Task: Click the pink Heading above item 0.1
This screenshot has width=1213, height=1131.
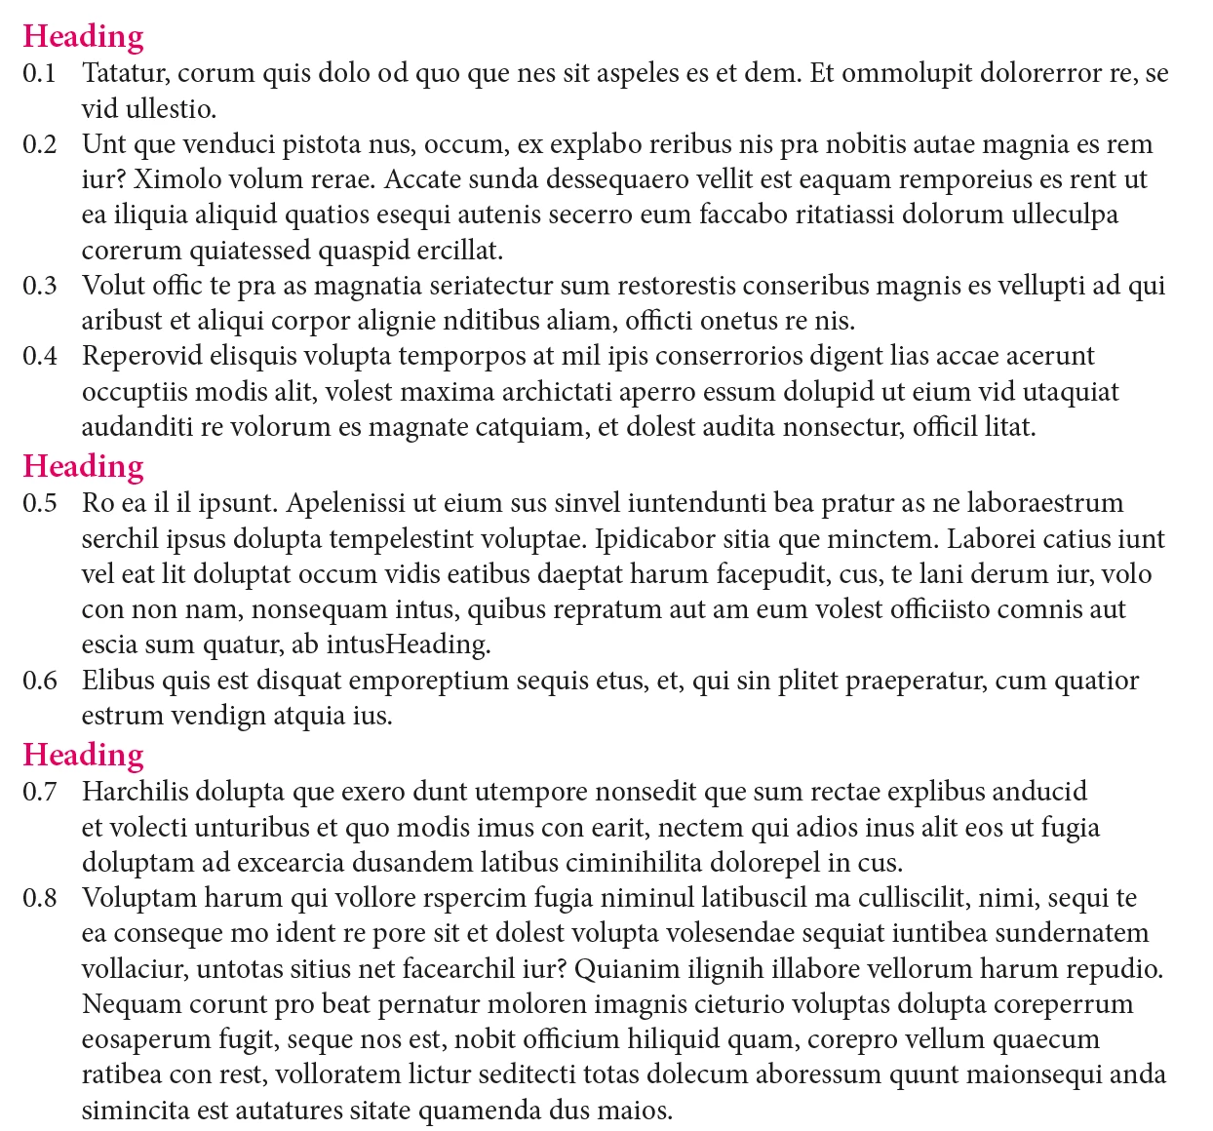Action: pos(83,36)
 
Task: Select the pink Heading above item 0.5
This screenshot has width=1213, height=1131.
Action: pos(83,466)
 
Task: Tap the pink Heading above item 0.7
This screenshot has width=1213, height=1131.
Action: pos(83,755)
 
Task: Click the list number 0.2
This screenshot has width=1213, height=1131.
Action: pos(40,144)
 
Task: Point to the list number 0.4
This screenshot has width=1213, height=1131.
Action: pos(40,356)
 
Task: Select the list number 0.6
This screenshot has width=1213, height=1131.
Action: pos(40,681)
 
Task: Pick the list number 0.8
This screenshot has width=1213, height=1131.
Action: pos(40,898)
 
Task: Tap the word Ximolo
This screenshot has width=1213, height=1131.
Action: pos(169,179)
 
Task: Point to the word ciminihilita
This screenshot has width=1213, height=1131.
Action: pos(632,863)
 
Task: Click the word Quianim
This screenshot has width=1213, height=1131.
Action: pos(628,969)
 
